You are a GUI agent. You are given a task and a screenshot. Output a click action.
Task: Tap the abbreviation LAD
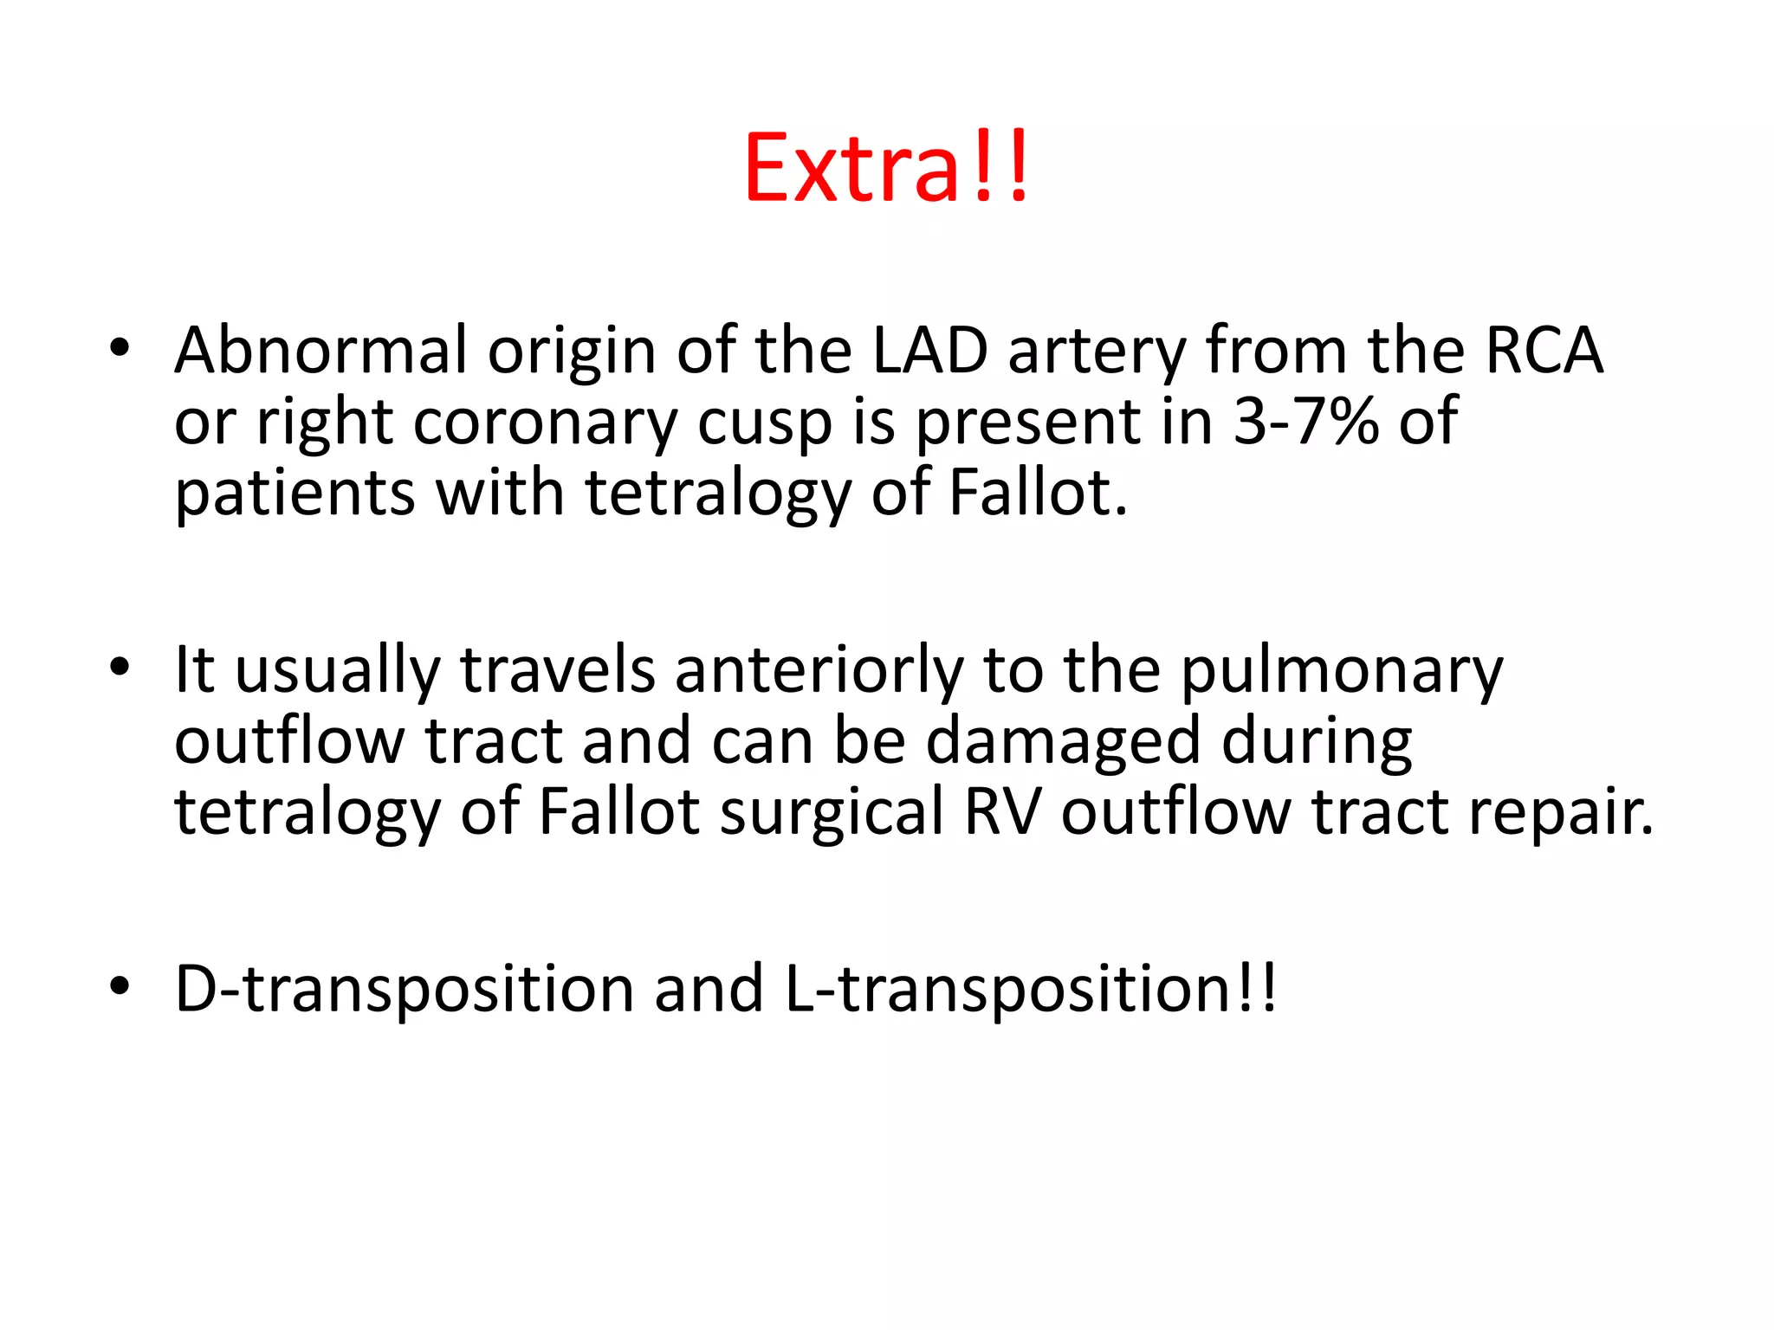point(929,351)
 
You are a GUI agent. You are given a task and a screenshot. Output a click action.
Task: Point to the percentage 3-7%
point(1305,422)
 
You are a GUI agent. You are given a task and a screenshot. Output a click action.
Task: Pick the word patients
point(295,494)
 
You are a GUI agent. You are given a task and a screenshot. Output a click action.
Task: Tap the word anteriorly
point(819,671)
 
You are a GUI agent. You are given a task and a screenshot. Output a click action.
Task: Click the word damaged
point(1064,743)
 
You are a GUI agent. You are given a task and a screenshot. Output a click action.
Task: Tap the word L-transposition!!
point(1029,989)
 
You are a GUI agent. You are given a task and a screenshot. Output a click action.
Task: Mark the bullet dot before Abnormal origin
point(120,348)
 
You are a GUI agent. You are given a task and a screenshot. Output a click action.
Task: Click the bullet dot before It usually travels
point(120,667)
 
